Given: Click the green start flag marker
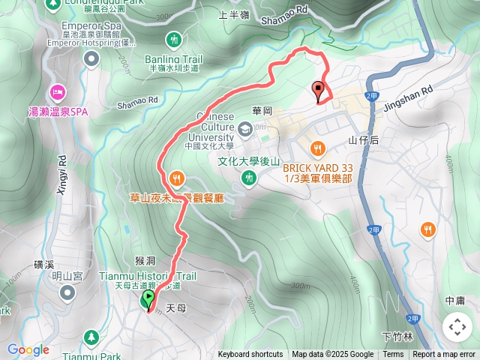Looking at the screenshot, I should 148,300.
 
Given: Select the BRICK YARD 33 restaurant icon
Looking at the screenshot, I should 318,147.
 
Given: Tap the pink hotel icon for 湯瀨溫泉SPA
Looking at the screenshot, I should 57,91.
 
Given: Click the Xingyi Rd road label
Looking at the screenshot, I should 62,174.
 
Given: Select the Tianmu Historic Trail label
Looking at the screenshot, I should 148,276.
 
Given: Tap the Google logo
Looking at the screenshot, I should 28,350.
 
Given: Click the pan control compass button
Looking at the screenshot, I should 457,327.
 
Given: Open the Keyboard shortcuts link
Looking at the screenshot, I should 250,355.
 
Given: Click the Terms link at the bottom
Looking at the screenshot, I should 393,355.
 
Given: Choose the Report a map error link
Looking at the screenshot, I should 444,355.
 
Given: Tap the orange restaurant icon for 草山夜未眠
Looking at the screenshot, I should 176,178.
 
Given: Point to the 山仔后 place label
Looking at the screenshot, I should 364,140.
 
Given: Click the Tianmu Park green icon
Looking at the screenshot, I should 91,337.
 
